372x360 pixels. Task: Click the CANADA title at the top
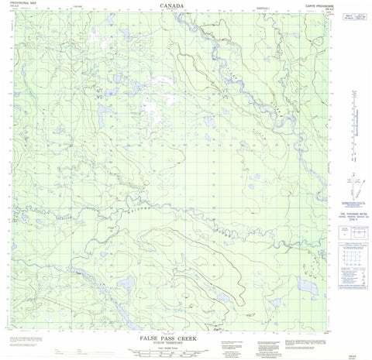[x=171, y=5]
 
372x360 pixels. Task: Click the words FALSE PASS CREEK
[x=174, y=328]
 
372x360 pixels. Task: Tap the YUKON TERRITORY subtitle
[x=174, y=334]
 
